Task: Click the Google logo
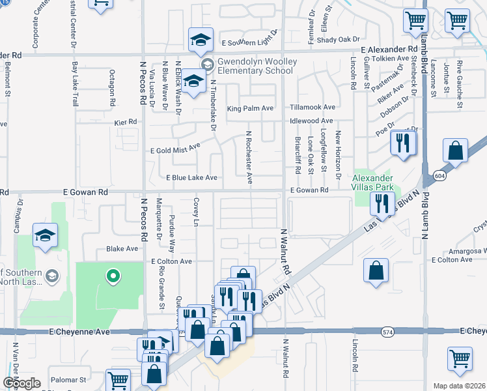click(21, 383)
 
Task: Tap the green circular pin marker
click(113, 276)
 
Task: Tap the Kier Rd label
click(125, 121)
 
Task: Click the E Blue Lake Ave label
click(191, 177)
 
